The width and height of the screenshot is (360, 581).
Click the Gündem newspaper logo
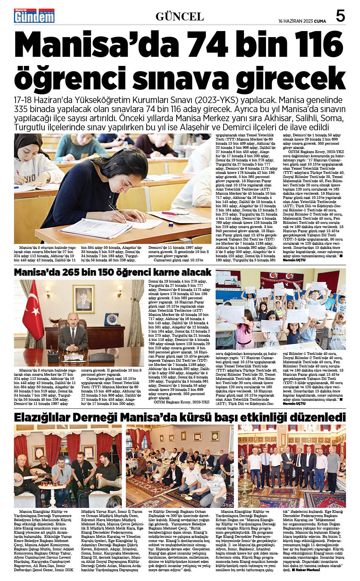(34, 16)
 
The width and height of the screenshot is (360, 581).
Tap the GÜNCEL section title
(180, 16)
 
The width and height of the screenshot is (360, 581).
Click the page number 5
(340, 16)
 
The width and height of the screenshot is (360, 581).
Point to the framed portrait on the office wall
(83, 298)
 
